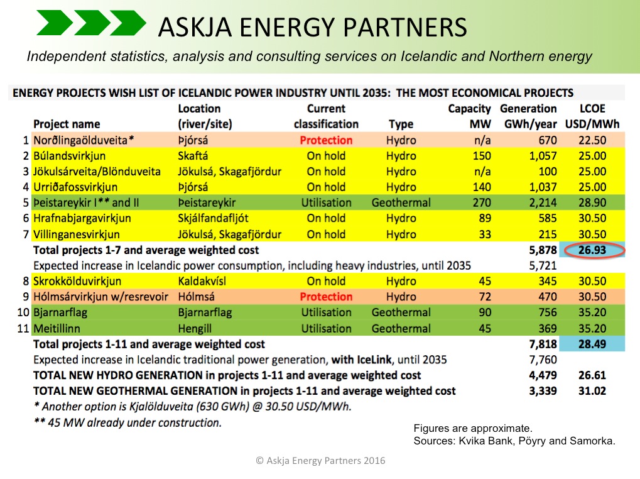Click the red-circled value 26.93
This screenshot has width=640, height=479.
click(592, 250)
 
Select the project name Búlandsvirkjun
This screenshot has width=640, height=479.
click(69, 156)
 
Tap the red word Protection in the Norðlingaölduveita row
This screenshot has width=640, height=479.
click(326, 140)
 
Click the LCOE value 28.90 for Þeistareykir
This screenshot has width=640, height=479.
click(592, 202)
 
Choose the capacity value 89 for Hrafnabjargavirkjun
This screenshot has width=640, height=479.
click(485, 218)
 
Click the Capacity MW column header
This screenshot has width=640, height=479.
click(469, 116)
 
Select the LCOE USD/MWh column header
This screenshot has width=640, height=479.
click(592, 116)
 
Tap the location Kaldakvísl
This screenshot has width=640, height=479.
click(202, 281)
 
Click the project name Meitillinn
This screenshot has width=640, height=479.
click(57, 328)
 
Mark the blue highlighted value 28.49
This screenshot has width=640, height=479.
click(592, 344)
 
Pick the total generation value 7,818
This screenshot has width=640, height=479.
click(543, 344)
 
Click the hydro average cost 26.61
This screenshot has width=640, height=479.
click(592, 375)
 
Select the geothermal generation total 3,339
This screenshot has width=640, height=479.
click(543, 391)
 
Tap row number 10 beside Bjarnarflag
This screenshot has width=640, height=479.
click(23, 312)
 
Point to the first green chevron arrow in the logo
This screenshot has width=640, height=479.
click(55, 23)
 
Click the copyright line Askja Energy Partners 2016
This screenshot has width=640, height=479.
click(320, 461)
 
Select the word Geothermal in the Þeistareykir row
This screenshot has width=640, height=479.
click(401, 202)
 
